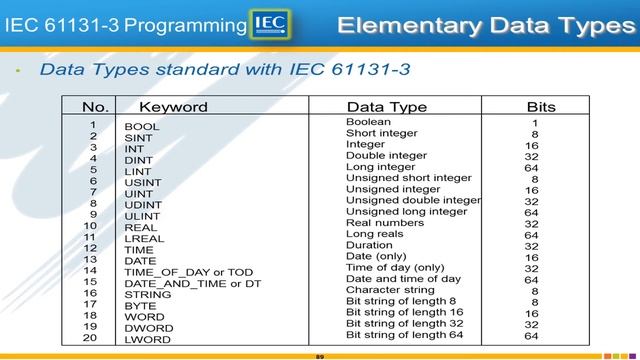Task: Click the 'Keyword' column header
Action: (x=173, y=107)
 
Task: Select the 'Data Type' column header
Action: (x=386, y=107)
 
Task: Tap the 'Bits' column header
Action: (x=541, y=107)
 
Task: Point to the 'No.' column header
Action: (x=95, y=107)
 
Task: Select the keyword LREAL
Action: (x=144, y=239)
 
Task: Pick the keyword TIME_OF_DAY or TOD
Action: (x=188, y=272)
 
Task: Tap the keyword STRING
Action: (x=147, y=295)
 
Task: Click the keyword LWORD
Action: (x=148, y=340)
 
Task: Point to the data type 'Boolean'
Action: (x=368, y=122)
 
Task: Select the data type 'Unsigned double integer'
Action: (x=413, y=200)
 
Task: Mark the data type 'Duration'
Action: (x=369, y=245)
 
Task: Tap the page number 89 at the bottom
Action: (x=320, y=355)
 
